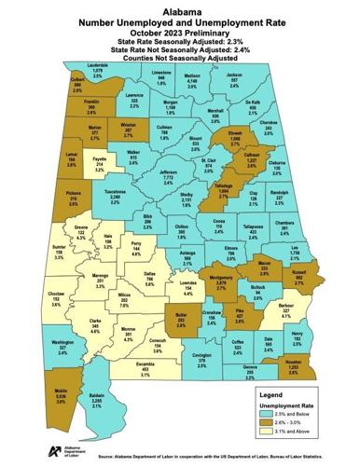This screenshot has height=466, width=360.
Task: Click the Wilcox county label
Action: pyautogui.click(x=127, y=295)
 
